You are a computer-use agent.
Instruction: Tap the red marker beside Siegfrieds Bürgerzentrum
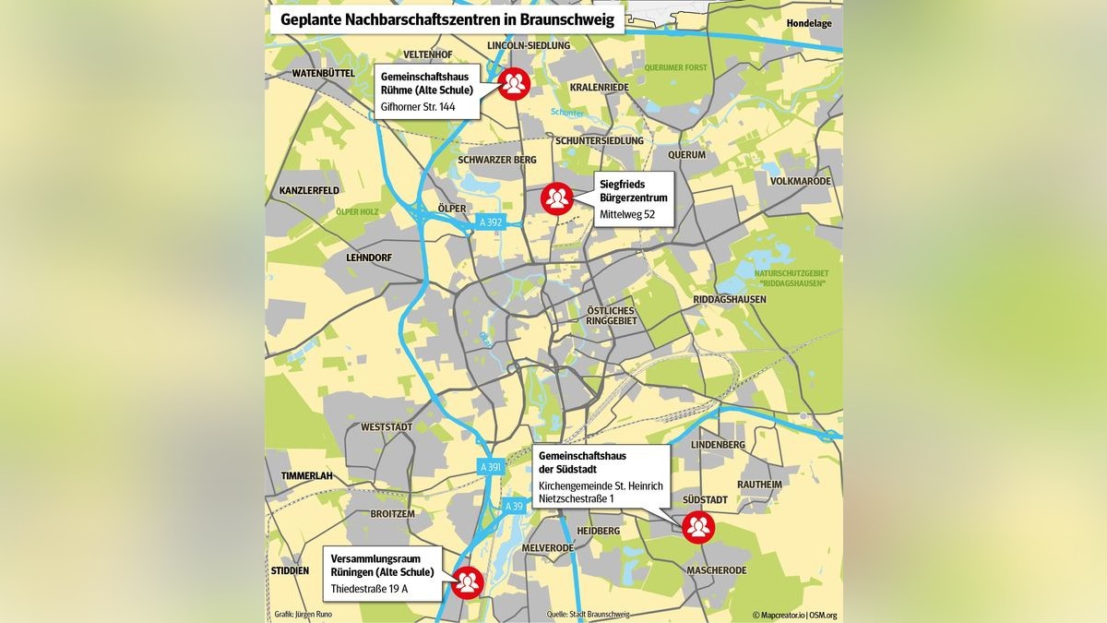[x=556, y=198]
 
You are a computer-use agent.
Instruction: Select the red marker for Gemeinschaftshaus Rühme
[x=514, y=84]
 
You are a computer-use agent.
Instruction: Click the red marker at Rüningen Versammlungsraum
[x=468, y=581]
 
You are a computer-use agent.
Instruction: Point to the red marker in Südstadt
[x=698, y=527]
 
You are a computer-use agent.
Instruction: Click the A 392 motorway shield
[x=491, y=222]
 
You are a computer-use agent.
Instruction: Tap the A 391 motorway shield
[x=491, y=468]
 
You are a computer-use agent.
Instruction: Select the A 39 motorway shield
[x=513, y=506]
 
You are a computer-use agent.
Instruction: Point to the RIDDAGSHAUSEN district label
[x=730, y=299]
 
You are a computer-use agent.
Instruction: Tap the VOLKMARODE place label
[x=801, y=181]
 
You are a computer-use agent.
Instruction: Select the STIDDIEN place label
[x=290, y=570]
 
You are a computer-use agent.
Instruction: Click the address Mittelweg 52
[x=627, y=214]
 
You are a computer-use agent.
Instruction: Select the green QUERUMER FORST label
[x=675, y=66]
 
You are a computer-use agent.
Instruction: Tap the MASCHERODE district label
[x=716, y=570]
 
